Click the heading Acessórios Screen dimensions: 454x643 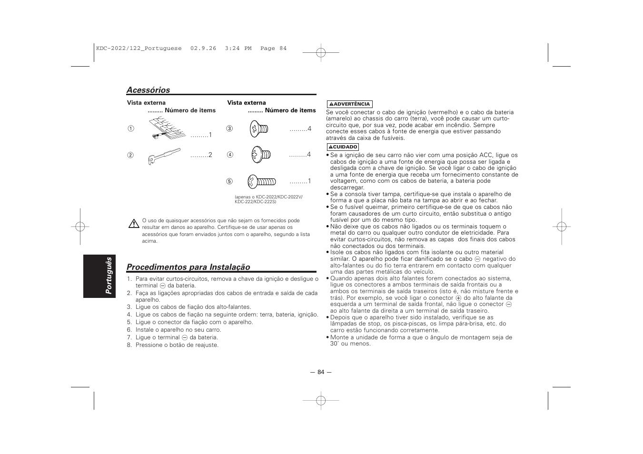tap(148, 90)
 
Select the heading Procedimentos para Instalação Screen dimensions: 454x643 tap(188, 267)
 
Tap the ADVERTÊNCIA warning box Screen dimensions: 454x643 tap(349, 104)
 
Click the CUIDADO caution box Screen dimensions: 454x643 tap(343, 147)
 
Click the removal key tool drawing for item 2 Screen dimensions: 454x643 tap(164, 156)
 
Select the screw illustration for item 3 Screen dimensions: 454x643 tap(259, 128)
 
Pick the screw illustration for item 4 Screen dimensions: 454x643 tap(260, 154)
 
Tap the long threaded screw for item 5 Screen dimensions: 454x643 tap(261, 181)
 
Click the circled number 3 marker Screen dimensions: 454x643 tap(229, 128)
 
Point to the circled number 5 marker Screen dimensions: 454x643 tap(229, 181)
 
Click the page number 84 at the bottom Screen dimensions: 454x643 tap(321, 372)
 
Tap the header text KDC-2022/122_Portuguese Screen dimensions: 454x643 tap(138, 49)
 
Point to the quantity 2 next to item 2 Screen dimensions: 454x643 tap(209, 155)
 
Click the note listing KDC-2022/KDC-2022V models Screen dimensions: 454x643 tap(268, 199)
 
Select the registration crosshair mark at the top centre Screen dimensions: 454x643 tap(321, 52)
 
